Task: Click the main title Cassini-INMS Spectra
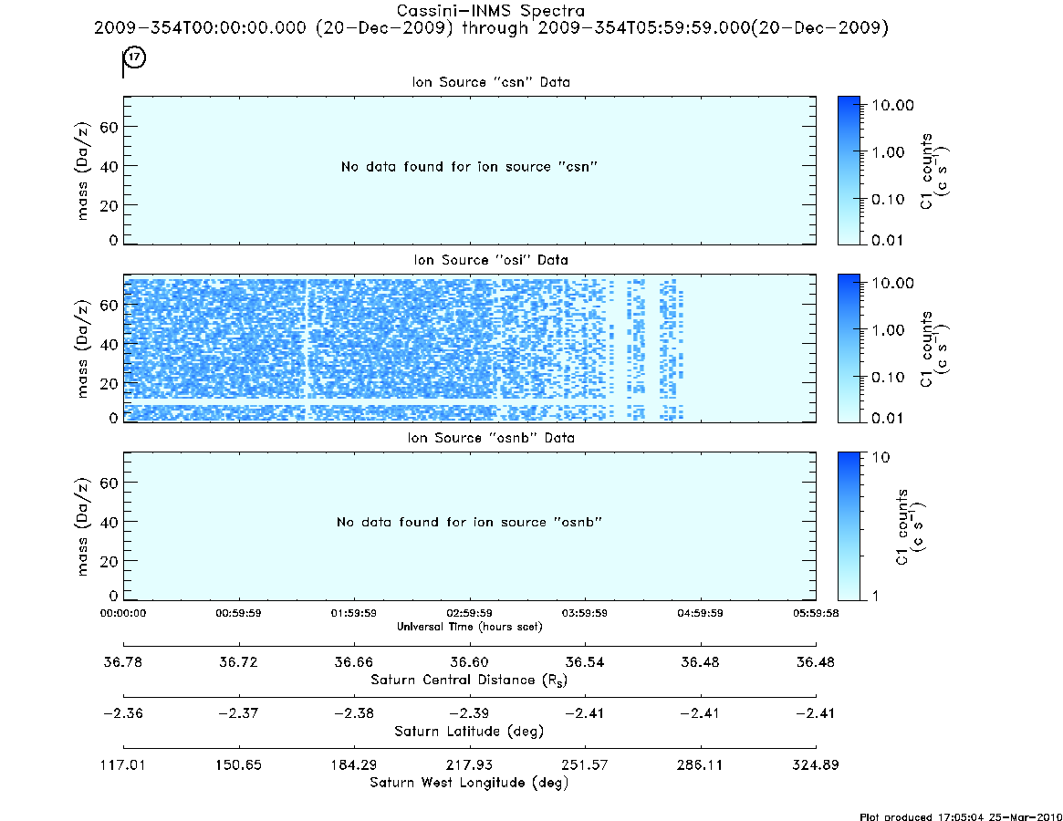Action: tap(490, 11)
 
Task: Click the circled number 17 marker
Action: tap(135, 57)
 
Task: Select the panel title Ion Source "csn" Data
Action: tap(491, 82)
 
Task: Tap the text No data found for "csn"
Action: tap(469, 167)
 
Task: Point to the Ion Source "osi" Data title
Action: tap(491, 260)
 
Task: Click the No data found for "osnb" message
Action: tap(469, 522)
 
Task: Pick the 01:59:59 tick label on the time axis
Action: tap(354, 613)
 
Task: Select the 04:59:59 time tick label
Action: tap(701, 613)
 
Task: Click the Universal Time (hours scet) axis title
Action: tap(469, 627)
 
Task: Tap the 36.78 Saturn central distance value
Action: tap(122, 661)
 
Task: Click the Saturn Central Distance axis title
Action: tap(469, 680)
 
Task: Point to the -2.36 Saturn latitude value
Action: tap(122, 713)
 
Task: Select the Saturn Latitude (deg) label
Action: tap(469, 732)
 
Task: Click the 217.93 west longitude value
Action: tap(469, 764)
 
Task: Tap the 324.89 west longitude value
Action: tap(816, 764)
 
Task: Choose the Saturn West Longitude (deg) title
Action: tap(469, 783)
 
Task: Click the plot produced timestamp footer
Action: tap(961, 816)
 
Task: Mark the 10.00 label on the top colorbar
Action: tap(893, 105)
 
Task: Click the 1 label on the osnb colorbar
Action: tap(876, 596)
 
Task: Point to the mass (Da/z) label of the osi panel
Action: tap(82, 348)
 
